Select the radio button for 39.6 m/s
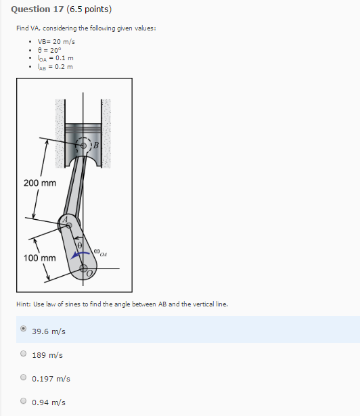(24, 330)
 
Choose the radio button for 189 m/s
(24, 354)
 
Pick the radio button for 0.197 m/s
(24, 377)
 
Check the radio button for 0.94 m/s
(24, 401)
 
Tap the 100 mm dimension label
(39, 258)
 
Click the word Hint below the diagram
(24, 304)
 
